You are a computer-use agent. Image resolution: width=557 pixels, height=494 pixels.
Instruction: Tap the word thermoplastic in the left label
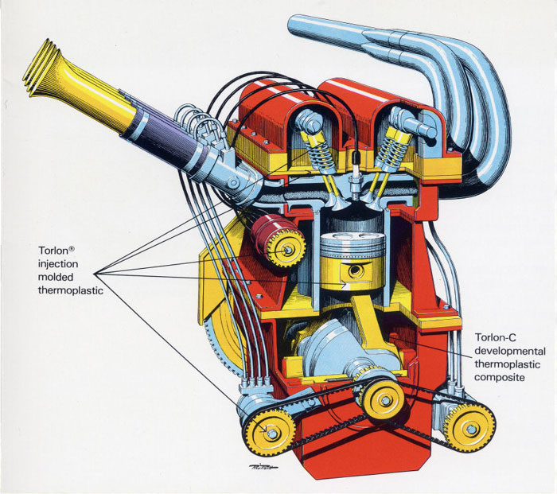coord(71,290)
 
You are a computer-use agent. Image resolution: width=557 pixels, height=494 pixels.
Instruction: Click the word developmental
coord(510,351)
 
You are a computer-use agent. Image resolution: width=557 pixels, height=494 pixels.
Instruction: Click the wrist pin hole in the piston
coord(355,271)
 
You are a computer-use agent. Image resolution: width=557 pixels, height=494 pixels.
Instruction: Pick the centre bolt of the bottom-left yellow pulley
coord(272,434)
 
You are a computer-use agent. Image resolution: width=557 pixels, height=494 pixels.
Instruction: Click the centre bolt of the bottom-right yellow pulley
coord(471,429)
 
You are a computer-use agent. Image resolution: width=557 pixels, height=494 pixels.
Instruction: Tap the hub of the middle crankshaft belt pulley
coord(385,400)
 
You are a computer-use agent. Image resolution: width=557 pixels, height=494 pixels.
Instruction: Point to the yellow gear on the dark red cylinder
coord(286,249)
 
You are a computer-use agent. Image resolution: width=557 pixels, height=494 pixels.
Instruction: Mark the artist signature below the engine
coord(263,467)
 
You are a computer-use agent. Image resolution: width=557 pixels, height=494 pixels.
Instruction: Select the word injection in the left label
coord(58,264)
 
